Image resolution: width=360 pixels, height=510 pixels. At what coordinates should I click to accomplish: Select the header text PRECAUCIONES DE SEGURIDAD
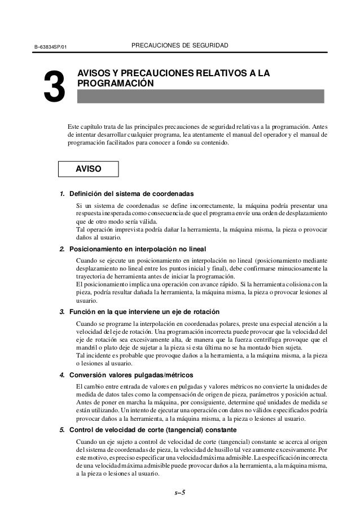(179, 44)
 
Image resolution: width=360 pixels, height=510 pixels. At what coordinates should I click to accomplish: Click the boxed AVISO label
(89, 169)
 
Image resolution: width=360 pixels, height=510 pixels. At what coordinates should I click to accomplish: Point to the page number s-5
(179, 492)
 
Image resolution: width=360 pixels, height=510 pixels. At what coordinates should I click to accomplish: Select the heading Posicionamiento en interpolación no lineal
(138, 249)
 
